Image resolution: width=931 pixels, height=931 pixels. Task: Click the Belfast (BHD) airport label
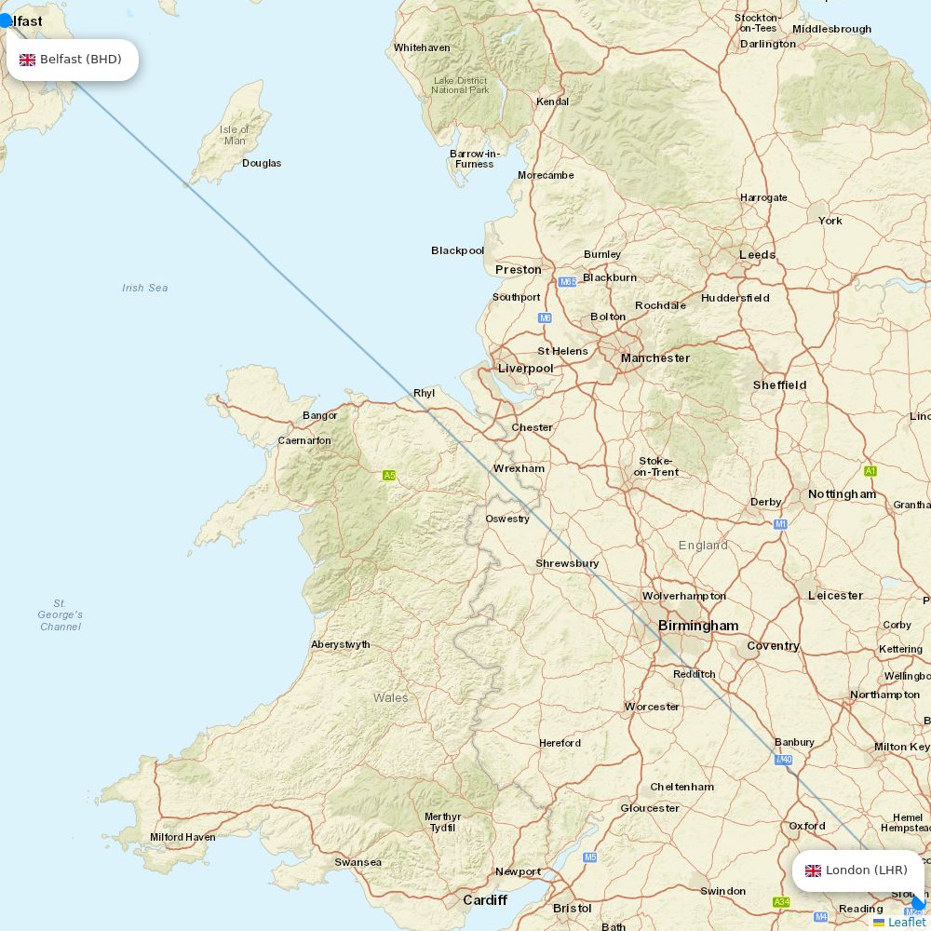[x=80, y=60]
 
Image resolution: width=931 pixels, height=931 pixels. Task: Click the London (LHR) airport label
[x=866, y=870]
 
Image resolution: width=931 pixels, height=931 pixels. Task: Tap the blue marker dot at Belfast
[x=6, y=20]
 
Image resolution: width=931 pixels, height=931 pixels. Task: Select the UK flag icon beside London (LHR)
[x=813, y=870]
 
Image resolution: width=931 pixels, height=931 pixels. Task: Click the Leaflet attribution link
[x=906, y=922]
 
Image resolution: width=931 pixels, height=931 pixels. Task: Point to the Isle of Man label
[x=235, y=135]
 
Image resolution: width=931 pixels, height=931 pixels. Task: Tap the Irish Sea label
[x=145, y=288]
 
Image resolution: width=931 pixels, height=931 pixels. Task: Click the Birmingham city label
[x=698, y=626]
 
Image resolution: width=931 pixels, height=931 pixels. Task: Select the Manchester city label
[x=655, y=358]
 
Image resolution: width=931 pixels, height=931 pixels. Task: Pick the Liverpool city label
[x=526, y=368]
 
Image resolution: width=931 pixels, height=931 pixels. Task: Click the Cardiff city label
[x=485, y=900]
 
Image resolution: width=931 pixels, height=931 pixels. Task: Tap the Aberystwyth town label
[x=341, y=644]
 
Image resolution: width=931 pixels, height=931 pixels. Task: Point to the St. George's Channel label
[x=61, y=614]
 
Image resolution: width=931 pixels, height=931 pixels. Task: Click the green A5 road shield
[x=389, y=476]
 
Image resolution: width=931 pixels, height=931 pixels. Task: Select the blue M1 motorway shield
[x=780, y=524]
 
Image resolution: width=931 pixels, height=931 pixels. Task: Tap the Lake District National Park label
[x=460, y=85]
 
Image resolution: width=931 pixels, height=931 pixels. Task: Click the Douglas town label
[x=262, y=163]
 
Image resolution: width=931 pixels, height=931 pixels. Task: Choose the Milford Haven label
[x=182, y=837]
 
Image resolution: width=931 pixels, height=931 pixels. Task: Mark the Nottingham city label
[x=842, y=493]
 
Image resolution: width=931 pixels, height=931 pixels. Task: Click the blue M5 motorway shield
[x=590, y=857]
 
